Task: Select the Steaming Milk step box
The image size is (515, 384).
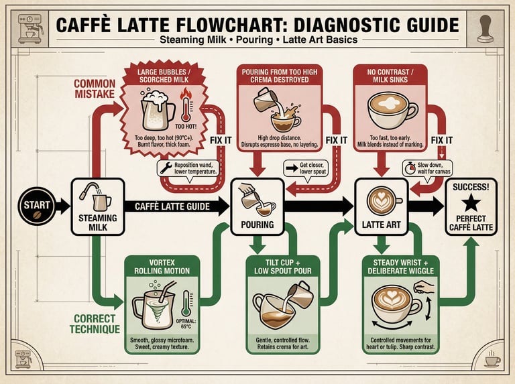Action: tap(98, 206)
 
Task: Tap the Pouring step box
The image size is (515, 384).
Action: tap(257, 206)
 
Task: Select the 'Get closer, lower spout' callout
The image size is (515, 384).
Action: tap(308, 168)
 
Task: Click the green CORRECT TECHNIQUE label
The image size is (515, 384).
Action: tap(95, 323)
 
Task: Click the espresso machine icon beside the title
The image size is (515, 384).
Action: tap(29, 27)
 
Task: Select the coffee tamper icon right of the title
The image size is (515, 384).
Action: tap(485, 27)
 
